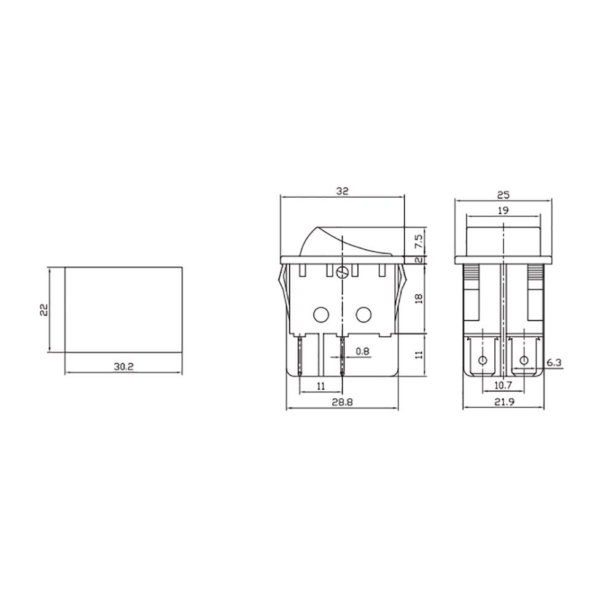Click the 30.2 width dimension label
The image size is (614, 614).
[123, 366]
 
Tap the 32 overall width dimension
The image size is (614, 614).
[342, 191]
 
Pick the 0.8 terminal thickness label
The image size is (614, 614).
[362, 352]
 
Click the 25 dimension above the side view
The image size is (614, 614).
[503, 195]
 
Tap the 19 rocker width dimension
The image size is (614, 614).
[503, 210]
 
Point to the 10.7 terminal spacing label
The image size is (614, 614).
[503, 385]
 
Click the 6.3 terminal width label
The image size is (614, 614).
[554, 363]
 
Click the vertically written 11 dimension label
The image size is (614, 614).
[419, 355]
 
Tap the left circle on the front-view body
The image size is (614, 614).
[321, 315]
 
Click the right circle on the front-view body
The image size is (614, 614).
[363, 315]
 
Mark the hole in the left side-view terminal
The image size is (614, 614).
[482, 360]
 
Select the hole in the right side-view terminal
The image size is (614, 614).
[524, 360]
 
